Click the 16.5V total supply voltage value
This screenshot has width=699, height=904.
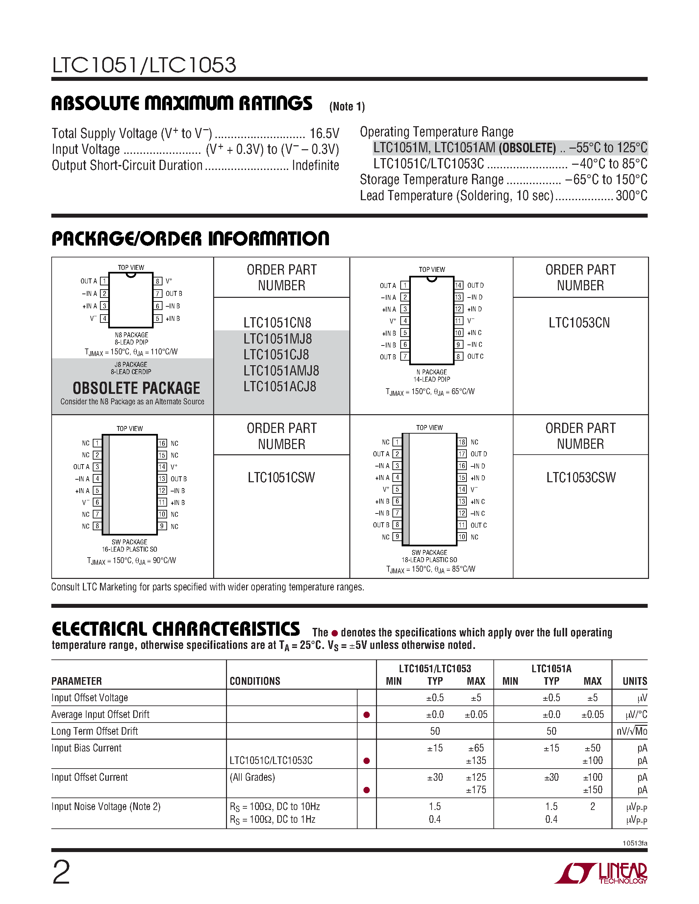[x=324, y=134]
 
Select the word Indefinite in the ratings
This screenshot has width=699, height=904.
[x=315, y=166]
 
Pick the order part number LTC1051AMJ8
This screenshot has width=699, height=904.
[x=281, y=371]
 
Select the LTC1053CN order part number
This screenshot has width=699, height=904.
[x=579, y=323]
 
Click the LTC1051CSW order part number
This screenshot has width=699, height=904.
[x=281, y=478]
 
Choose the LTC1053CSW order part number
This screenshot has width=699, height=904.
[x=581, y=478]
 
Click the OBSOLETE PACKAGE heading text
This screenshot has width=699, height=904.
[x=136, y=388]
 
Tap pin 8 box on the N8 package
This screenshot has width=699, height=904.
[x=158, y=281]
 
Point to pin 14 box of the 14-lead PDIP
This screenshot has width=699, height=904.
[x=459, y=285]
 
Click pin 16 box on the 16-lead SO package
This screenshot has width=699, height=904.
[x=162, y=443]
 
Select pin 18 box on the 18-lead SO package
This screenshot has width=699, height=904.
[x=462, y=442]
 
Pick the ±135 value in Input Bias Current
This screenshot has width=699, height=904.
[x=476, y=761]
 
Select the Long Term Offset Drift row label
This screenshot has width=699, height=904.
[x=94, y=731]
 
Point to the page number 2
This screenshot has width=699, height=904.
[x=61, y=872]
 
